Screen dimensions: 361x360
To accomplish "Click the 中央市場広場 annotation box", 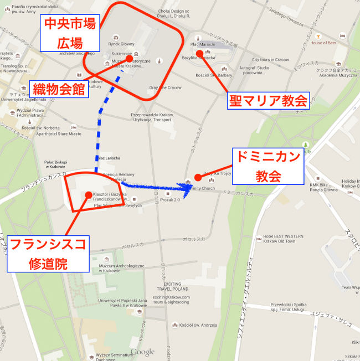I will (x=69, y=33).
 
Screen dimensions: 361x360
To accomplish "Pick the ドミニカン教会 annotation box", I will (x=268, y=167).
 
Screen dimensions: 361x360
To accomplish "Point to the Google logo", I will (x=143, y=352).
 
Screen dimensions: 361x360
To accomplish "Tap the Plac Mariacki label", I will (x=202, y=44).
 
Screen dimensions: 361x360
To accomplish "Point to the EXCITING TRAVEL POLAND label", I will (x=172, y=287).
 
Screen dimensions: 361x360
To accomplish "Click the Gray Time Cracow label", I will (x=165, y=87).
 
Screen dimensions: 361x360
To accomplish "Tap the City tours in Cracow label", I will (x=270, y=59).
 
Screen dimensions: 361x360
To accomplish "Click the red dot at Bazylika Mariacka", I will (x=199, y=53).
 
